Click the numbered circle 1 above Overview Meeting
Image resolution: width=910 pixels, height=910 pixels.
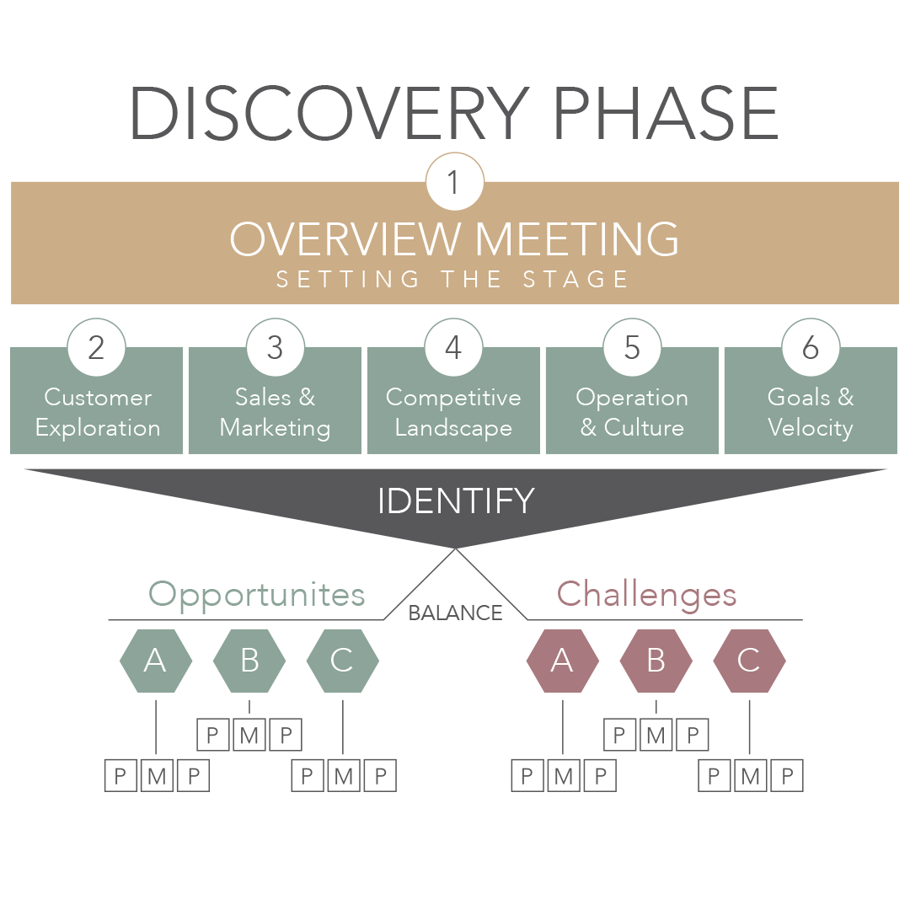455,181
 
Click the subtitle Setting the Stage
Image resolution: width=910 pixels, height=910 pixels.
453,280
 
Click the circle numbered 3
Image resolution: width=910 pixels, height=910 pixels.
275,347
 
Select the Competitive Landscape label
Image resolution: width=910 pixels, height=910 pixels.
453,413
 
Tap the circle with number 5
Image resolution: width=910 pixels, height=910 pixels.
632,347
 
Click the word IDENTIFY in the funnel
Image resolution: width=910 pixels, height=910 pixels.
455,501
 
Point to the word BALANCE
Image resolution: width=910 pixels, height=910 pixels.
455,613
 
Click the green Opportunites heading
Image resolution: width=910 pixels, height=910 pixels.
257,594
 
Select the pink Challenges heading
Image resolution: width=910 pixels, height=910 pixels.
647,594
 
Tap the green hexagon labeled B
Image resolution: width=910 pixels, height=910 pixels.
249,661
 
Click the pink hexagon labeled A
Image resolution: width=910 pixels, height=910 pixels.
562,661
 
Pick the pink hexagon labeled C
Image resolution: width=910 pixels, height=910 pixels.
749,661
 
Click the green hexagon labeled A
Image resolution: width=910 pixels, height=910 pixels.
156,661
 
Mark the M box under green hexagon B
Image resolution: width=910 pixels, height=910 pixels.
249,736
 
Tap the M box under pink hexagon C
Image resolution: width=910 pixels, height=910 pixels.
751,775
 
